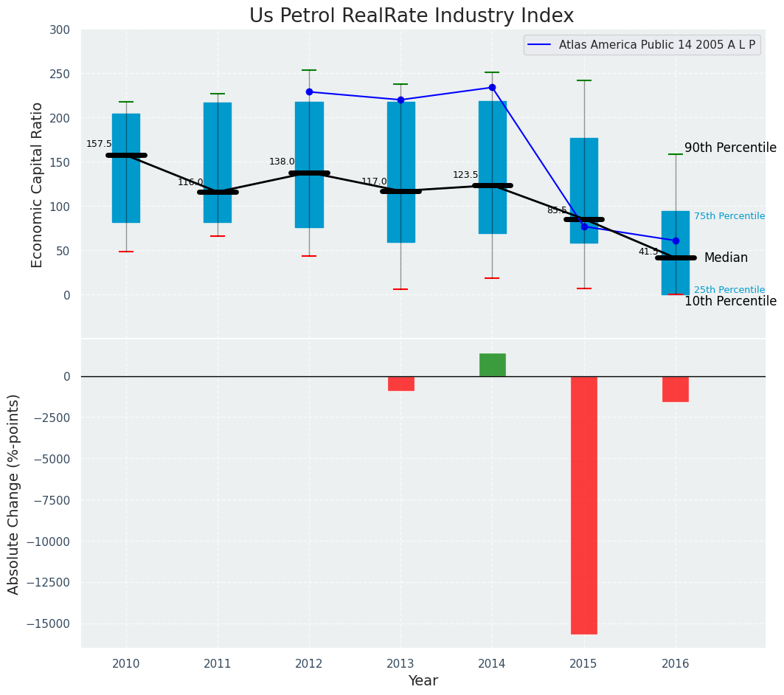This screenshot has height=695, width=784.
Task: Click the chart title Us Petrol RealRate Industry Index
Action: point(411,16)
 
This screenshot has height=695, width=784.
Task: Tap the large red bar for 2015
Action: point(584,505)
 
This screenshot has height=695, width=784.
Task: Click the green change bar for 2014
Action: point(492,364)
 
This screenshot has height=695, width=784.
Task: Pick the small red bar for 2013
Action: point(400,384)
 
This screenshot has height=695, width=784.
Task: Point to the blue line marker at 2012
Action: point(309,92)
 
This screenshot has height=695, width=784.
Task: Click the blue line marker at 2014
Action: point(492,88)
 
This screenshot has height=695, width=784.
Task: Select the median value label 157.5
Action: point(99,144)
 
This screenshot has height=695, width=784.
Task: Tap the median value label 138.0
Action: point(282,162)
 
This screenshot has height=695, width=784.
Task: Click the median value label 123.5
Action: point(465,175)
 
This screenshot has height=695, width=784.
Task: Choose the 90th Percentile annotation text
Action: point(730,148)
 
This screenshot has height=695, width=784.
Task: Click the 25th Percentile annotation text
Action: point(729,290)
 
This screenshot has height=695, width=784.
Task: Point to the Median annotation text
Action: point(726,257)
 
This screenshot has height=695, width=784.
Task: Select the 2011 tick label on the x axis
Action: point(218,663)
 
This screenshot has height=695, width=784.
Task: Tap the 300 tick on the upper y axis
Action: point(60,30)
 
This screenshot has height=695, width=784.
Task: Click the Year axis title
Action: point(423,681)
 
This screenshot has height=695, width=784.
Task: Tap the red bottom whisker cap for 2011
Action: point(218,236)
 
